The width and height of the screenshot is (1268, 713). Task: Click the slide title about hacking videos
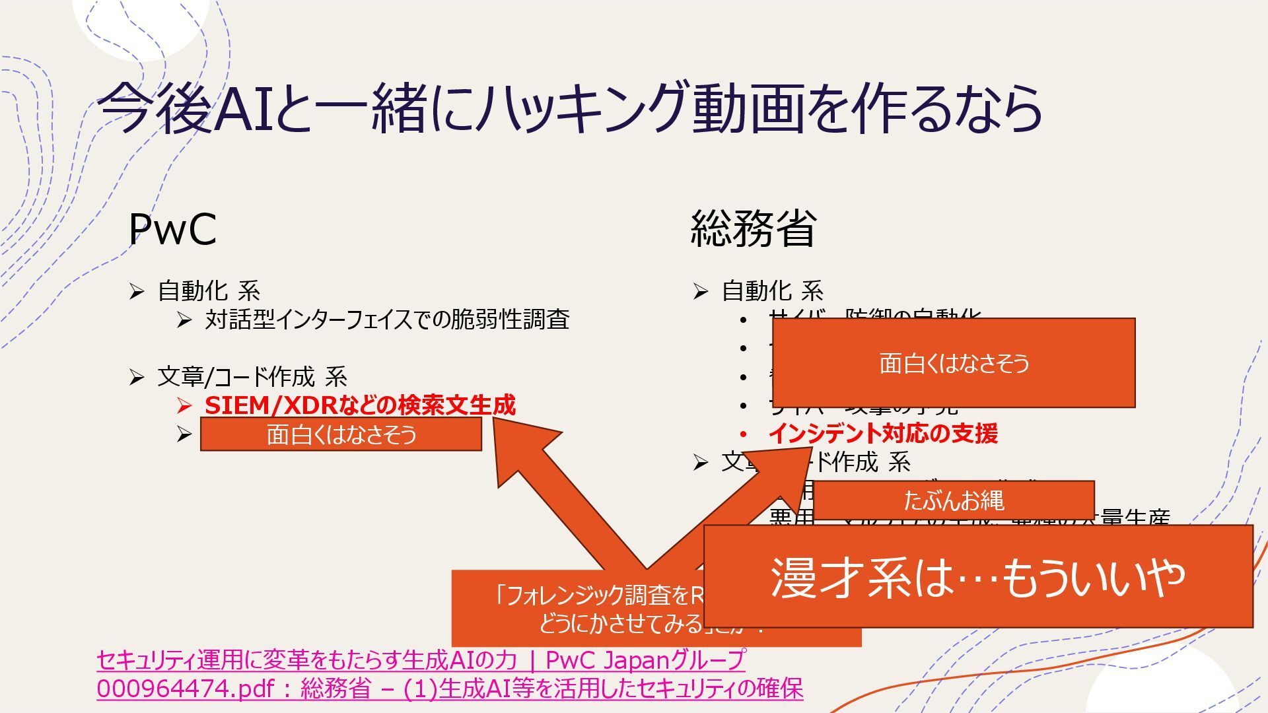pos(569,108)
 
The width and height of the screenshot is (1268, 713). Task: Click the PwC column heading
pos(172,229)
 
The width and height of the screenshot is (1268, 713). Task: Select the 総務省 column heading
pos(754,229)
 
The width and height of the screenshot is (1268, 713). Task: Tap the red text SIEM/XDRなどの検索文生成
pos(360,405)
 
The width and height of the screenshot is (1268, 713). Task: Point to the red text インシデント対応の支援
pos(883,434)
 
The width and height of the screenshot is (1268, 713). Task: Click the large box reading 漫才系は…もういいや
pos(977,576)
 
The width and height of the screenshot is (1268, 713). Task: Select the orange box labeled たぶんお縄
pos(954,500)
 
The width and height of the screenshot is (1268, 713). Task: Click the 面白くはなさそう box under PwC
pos(341,434)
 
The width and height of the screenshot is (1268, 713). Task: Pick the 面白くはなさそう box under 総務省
pos(954,363)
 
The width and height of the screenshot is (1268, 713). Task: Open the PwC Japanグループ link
pos(421,660)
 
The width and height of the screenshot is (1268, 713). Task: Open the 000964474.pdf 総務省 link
pos(450,689)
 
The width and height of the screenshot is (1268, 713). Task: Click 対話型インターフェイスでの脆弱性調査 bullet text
pos(387,320)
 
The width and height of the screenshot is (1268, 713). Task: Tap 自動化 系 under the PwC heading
pos(209,290)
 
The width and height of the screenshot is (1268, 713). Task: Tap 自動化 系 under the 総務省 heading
pos(772,290)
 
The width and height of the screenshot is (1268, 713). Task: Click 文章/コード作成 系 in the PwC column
pos(252,377)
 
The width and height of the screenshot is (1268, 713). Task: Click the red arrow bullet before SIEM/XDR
pos(184,405)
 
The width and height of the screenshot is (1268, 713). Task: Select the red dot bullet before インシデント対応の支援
pos(744,434)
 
